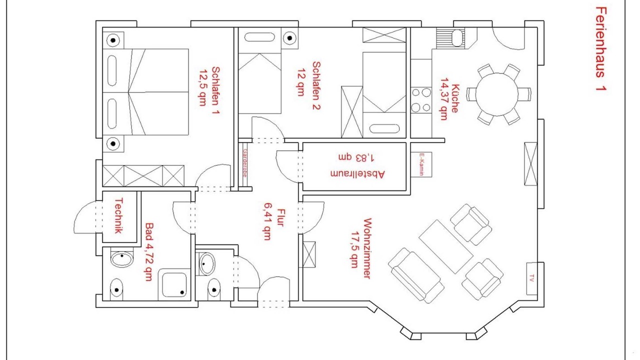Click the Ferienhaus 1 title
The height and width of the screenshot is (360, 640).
(x=601, y=49)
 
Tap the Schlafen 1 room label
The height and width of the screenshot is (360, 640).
(x=215, y=90)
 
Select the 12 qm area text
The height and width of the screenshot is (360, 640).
(x=301, y=82)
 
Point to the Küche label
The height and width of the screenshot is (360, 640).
(x=454, y=98)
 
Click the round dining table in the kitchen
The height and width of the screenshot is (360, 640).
(x=497, y=94)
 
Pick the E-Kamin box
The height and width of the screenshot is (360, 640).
(x=421, y=164)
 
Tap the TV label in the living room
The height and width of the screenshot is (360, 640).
(x=531, y=278)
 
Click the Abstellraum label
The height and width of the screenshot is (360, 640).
(x=357, y=174)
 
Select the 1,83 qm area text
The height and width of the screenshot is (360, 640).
(x=356, y=157)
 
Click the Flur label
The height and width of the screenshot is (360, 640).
(x=281, y=217)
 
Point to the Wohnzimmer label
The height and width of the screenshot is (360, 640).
(x=367, y=248)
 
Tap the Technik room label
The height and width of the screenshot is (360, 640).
(x=118, y=215)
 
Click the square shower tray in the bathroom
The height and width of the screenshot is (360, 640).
(x=174, y=284)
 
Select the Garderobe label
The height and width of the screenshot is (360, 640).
(x=245, y=163)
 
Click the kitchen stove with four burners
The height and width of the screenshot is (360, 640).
(x=421, y=100)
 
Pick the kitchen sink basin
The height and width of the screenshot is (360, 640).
(x=457, y=38)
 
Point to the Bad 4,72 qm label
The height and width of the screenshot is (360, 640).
(x=149, y=251)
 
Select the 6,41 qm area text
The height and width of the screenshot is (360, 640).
(x=267, y=221)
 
